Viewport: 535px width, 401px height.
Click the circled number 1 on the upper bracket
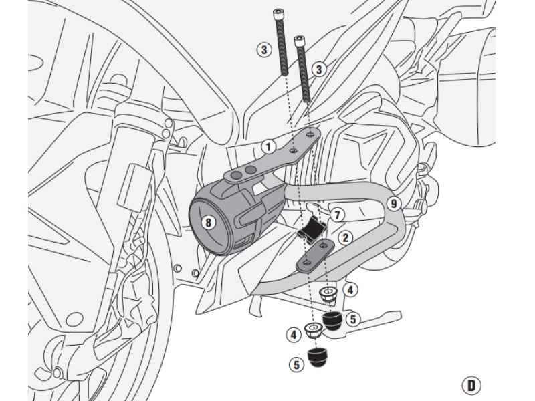coord(267,146)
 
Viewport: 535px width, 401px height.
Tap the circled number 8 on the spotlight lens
coord(209,222)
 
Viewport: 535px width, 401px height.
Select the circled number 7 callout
coord(337,215)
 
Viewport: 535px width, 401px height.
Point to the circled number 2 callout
coord(345,237)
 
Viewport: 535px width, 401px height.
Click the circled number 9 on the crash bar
coord(393,204)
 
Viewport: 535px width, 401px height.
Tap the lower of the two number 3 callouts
coord(318,69)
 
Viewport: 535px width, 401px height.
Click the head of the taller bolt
coord(278,13)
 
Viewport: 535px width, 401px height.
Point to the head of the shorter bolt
coord(301,41)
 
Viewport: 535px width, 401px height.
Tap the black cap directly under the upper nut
coord(332,321)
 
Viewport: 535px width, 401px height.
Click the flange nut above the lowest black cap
coord(312,330)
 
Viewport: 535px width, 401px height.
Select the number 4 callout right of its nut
coord(350,290)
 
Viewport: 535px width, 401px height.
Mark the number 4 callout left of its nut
coord(293,333)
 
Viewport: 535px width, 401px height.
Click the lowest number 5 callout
coord(296,364)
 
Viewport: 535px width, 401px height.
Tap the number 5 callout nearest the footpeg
coord(352,319)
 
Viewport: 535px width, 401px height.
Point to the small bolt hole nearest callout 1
coord(293,151)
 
